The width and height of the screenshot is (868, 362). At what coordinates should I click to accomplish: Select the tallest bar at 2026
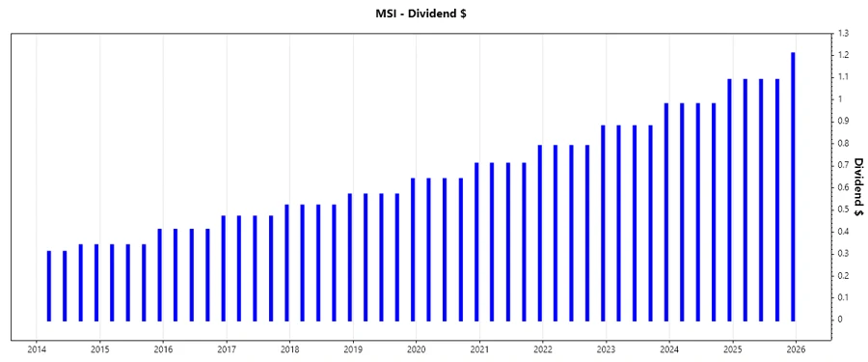click(793, 186)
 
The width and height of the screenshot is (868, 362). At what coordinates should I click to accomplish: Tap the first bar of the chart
click(49, 286)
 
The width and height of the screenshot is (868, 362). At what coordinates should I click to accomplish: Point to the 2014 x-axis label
click(37, 349)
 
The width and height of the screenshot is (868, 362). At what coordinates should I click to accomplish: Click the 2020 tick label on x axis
click(416, 349)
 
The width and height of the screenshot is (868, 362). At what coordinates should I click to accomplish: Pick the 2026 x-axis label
click(796, 349)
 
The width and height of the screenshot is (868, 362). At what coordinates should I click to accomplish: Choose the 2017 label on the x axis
click(227, 349)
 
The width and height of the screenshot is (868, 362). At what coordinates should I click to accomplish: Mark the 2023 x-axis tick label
click(606, 349)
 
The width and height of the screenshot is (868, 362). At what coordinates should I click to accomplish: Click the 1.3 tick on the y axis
click(843, 33)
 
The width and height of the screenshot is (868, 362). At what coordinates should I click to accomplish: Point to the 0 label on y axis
click(840, 320)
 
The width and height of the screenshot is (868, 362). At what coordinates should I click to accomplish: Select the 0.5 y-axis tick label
click(843, 209)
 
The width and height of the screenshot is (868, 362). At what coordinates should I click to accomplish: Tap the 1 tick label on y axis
click(840, 99)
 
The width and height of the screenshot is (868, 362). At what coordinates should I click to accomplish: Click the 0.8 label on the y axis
click(843, 143)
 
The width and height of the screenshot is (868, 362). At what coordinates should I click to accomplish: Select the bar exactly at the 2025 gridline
click(729, 200)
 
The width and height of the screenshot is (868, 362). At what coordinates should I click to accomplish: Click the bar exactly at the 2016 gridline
click(160, 274)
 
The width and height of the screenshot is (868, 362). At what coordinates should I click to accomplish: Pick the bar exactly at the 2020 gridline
click(413, 249)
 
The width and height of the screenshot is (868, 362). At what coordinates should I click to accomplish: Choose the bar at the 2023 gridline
click(603, 223)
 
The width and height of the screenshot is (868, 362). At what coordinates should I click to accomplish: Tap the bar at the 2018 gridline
click(286, 263)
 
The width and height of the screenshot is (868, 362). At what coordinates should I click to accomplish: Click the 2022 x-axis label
click(543, 349)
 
